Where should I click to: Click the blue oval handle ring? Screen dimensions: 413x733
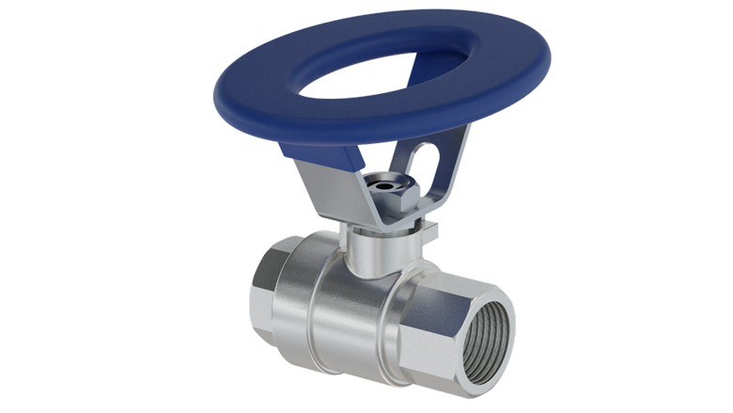click(x=282, y=113)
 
